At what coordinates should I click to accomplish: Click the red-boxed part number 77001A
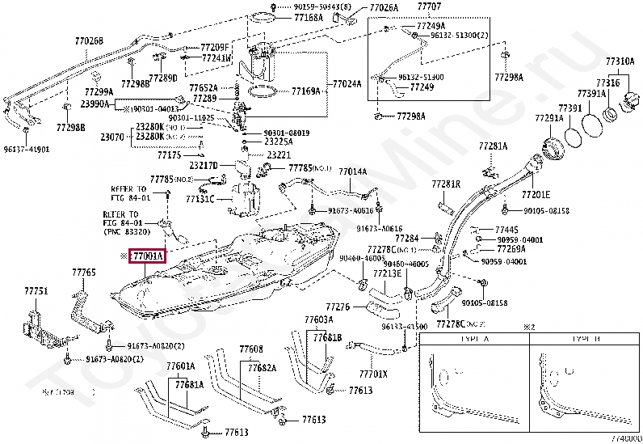click(148, 256)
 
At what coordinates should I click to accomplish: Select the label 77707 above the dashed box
click(429, 7)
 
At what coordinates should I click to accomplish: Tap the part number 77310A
click(620, 61)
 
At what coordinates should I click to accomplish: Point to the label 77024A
click(347, 82)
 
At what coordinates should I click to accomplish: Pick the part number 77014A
click(352, 171)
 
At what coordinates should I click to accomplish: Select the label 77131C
click(200, 199)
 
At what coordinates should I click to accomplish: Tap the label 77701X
click(372, 374)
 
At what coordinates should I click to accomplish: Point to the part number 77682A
click(262, 367)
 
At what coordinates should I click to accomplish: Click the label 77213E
click(387, 273)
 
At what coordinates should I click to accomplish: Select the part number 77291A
click(548, 118)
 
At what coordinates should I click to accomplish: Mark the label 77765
click(84, 273)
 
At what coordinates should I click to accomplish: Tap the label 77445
click(507, 230)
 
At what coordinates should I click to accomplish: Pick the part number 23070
click(112, 137)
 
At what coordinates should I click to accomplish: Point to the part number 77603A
click(319, 320)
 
